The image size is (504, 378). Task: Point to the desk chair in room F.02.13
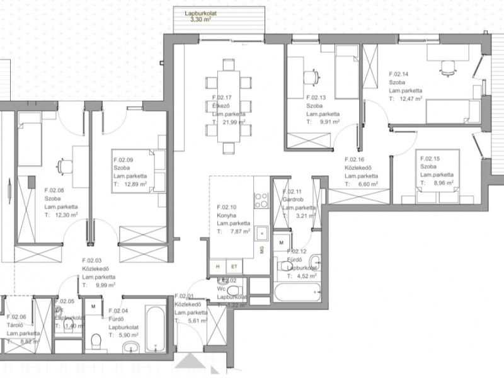[311, 76]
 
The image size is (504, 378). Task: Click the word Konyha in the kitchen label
[226, 215]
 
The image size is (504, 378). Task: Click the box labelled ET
[234, 266]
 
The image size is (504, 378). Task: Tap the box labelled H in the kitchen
[218, 266]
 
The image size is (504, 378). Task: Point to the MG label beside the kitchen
[260, 250]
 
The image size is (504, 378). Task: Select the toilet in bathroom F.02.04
[96, 341]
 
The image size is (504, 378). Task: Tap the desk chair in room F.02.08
[63, 166]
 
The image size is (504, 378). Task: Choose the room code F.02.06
[16, 317]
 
